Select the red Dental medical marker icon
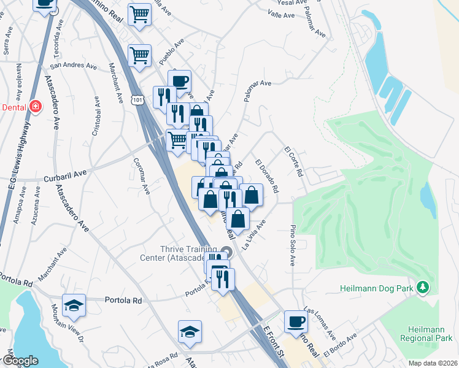click(36, 106)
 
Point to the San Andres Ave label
click(74, 65)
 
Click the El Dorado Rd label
click(267, 176)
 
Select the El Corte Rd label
click(294, 161)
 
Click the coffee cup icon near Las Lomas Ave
click(296, 321)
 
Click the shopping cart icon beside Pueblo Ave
click(139, 55)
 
